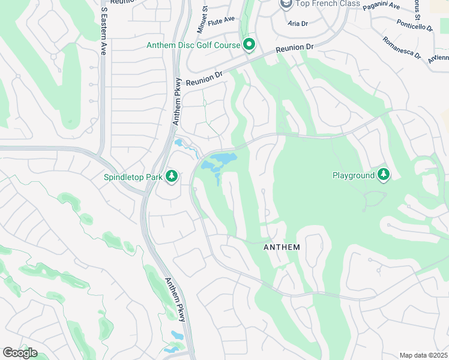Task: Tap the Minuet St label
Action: click(202, 19)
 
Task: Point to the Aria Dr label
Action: click(297, 24)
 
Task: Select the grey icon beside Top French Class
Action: click(286, 4)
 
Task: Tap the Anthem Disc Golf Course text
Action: click(193, 46)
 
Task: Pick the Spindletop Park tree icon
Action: click(172, 176)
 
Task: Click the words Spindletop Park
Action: click(132, 176)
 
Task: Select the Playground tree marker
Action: click(383, 175)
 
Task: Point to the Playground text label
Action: click(353, 175)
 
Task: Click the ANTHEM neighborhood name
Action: click(282, 247)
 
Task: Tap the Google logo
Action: click(20, 352)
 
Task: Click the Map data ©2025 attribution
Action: click(423, 355)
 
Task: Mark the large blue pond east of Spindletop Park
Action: click(220, 161)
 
